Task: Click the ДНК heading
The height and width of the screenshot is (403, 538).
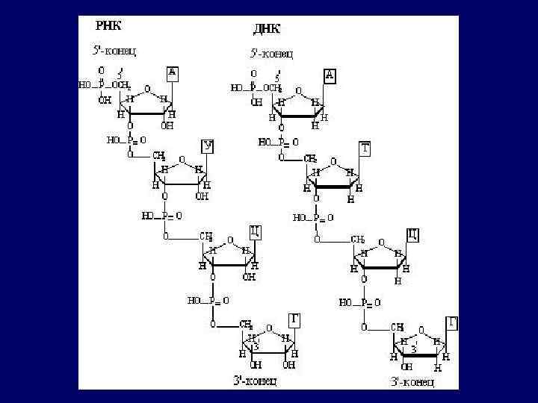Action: (x=267, y=29)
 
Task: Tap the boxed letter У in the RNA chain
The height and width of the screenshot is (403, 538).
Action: (x=208, y=146)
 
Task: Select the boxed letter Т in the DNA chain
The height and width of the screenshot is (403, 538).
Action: (x=364, y=149)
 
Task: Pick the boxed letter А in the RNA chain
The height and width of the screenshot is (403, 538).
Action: (x=173, y=72)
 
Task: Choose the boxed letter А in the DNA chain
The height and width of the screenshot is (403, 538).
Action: (x=330, y=75)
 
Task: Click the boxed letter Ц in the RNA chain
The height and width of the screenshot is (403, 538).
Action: (x=255, y=231)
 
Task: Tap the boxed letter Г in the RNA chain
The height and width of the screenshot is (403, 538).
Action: (x=296, y=319)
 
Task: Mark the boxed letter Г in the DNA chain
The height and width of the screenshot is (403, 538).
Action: (x=451, y=323)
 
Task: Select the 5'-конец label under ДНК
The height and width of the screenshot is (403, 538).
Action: (x=270, y=53)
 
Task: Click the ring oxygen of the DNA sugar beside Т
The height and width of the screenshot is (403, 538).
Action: (x=333, y=161)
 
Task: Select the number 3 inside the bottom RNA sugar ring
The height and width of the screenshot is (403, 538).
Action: (x=256, y=346)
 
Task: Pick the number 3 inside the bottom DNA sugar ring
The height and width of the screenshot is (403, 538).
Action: (x=412, y=349)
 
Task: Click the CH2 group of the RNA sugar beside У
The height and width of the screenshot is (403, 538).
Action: (x=159, y=156)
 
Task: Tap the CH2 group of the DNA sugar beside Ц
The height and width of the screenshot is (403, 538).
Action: (x=358, y=240)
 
